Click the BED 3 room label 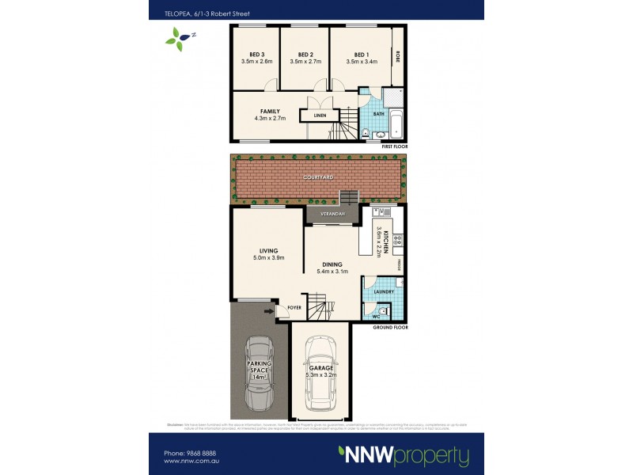256,54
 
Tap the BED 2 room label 305,54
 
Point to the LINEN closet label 320,116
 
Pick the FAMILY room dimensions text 271,118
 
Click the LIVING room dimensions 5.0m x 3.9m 268,258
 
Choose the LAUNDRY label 384,292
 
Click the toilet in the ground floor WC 381,313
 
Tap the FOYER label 294,306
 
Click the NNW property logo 404,455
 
